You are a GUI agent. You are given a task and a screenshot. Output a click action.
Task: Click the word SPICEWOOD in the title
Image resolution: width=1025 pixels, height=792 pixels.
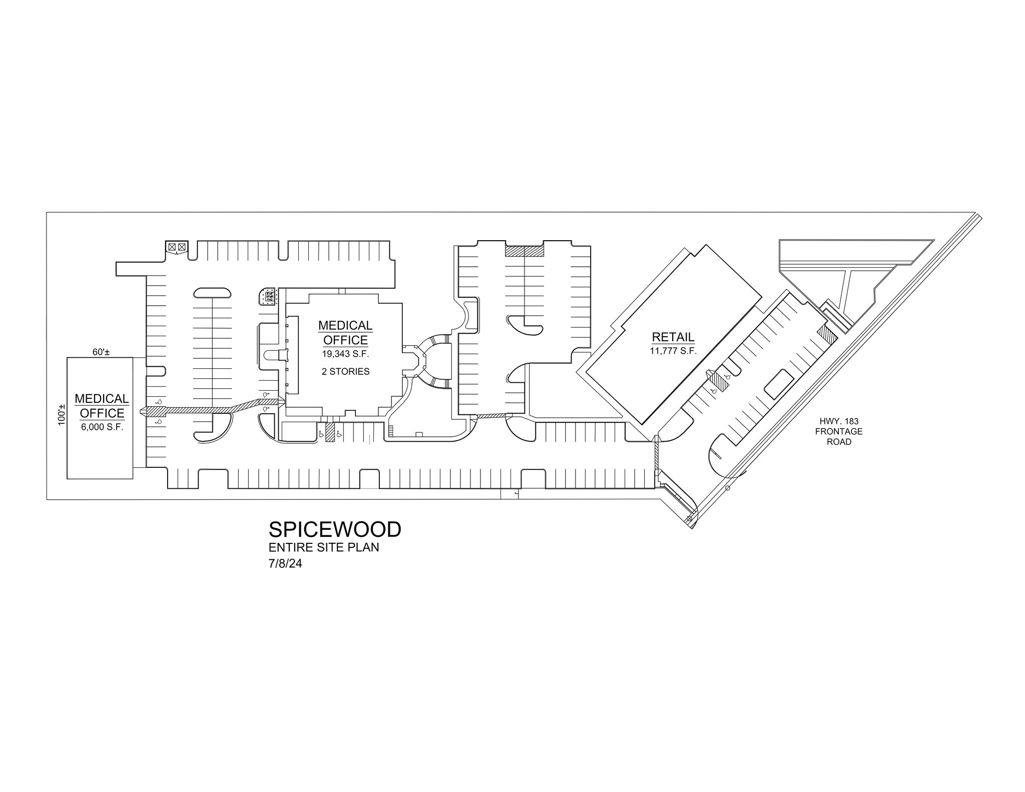click(x=335, y=529)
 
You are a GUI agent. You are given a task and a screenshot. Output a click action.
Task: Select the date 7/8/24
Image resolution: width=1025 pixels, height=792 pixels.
click(x=285, y=564)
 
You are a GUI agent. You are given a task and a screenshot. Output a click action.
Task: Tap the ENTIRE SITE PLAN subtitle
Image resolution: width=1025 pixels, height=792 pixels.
click(x=324, y=547)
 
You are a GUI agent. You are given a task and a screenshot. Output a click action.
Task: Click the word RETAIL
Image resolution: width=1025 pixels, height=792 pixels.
click(x=673, y=337)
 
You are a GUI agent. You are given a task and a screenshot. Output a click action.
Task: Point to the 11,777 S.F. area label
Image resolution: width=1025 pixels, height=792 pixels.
click(x=673, y=351)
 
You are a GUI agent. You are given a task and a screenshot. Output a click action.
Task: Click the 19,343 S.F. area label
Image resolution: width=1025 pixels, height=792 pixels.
click(x=345, y=354)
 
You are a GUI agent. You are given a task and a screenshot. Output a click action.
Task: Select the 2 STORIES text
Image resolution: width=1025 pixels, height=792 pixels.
click(x=345, y=371)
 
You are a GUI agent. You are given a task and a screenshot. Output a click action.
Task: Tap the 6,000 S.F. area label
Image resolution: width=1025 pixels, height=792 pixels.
click(x=102, y=427)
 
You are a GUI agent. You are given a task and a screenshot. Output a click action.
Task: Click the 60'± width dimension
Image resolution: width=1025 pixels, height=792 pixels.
click(x=101, y=352)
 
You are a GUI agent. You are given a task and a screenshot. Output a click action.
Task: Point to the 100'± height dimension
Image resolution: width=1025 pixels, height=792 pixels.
click(x=62, y=414)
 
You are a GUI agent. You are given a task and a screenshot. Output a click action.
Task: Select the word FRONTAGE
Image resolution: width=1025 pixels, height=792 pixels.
click(x=839, y=431)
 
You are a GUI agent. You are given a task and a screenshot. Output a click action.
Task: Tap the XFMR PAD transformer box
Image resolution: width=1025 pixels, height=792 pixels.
click(x=268, y=296)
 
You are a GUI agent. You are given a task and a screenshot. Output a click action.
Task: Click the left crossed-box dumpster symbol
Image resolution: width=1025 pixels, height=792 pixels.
click(x=172, y=247)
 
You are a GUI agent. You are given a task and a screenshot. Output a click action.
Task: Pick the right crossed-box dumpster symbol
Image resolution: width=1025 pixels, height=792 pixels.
click(x=182, y=247)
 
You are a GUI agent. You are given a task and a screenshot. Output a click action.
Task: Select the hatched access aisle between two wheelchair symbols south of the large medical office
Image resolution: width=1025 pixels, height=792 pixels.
click(x=330, y=432)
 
